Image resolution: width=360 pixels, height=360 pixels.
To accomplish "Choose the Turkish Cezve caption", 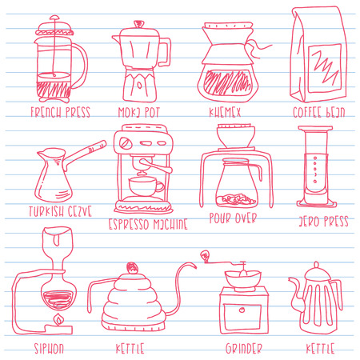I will point(60,212).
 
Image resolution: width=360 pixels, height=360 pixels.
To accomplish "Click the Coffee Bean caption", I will point(318,112).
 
